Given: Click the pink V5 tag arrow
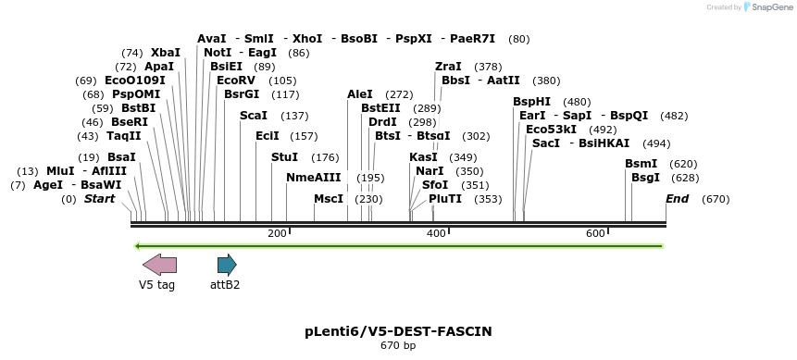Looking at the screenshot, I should (159, 265).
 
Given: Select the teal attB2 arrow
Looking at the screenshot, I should (226, 265).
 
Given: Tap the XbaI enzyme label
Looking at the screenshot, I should (166, 53).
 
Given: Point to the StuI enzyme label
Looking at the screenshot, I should (284, 157).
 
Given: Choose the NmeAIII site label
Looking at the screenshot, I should (313, 178).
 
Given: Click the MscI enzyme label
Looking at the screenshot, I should (329, 199).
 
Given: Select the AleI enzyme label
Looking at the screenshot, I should (360, 94).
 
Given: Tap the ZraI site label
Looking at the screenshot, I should (448, 67).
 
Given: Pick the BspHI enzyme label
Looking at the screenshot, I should (531, 102).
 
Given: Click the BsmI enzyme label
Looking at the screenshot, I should (641, 164).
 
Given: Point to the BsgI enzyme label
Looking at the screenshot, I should (645, 178).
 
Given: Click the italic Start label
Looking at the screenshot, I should (100, 199).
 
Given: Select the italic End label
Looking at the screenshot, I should (677, 199).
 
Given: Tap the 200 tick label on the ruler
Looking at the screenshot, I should (277, 233).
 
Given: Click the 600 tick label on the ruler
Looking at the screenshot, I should (595, 233).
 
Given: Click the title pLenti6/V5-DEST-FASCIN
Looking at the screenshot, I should (398, 330).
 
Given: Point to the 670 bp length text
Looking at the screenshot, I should (398, 346).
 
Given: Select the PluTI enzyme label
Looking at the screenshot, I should (445, 199).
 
